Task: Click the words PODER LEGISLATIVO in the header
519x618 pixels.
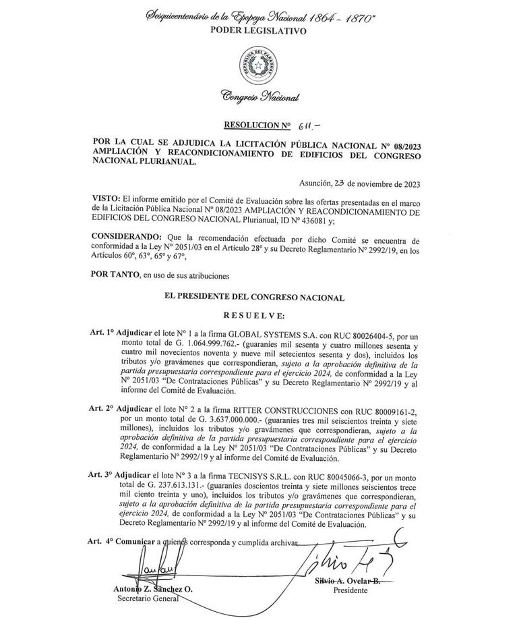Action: click(x=258, y=31)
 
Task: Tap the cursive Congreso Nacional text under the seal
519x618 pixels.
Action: click(x=259, y=97)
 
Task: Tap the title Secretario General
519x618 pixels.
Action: click(x=148, y=598)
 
